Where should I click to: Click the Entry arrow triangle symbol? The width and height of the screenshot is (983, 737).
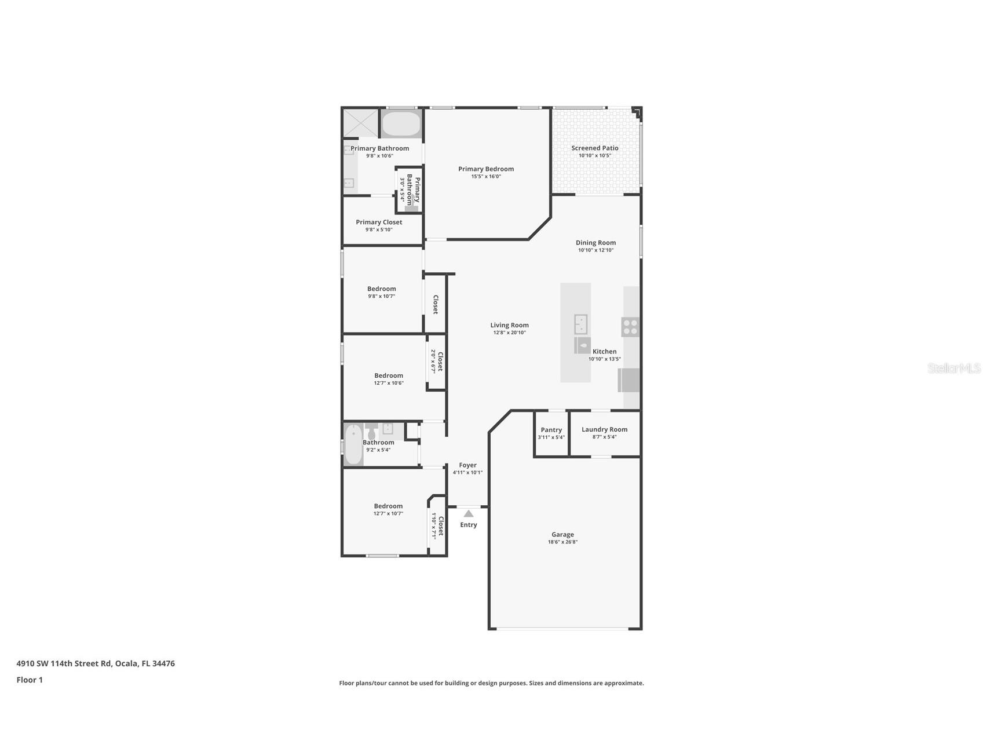click(468, 513)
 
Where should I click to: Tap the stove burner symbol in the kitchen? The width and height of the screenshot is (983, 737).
click(630, 327)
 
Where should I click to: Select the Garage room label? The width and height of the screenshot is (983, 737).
click(562, 535)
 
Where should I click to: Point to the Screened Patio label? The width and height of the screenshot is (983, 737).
click(595, 148)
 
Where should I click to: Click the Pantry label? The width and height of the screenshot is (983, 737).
click(551, 430)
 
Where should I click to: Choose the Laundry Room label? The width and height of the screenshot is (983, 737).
click(604, 429)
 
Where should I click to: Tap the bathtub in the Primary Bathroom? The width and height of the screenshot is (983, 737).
click(401, 124)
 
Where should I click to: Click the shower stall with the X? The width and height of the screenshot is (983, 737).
click(360, 123)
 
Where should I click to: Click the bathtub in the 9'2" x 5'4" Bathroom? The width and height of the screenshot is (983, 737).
click(353, 444)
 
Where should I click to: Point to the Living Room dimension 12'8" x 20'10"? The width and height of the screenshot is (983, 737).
click(509, 333)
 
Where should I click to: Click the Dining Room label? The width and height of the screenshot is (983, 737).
click(595, 243)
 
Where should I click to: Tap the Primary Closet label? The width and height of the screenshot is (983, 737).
click(379, 222)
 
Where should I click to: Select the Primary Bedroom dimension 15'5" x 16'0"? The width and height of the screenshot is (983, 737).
click(485, 176)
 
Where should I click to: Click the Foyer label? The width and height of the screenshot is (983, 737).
click(467, 465)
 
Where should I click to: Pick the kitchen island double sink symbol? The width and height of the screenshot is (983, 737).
click(580, 324)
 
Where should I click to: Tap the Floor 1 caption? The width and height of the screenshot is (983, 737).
click(30, 680)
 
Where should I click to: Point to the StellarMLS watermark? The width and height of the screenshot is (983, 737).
click(953, 368)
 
